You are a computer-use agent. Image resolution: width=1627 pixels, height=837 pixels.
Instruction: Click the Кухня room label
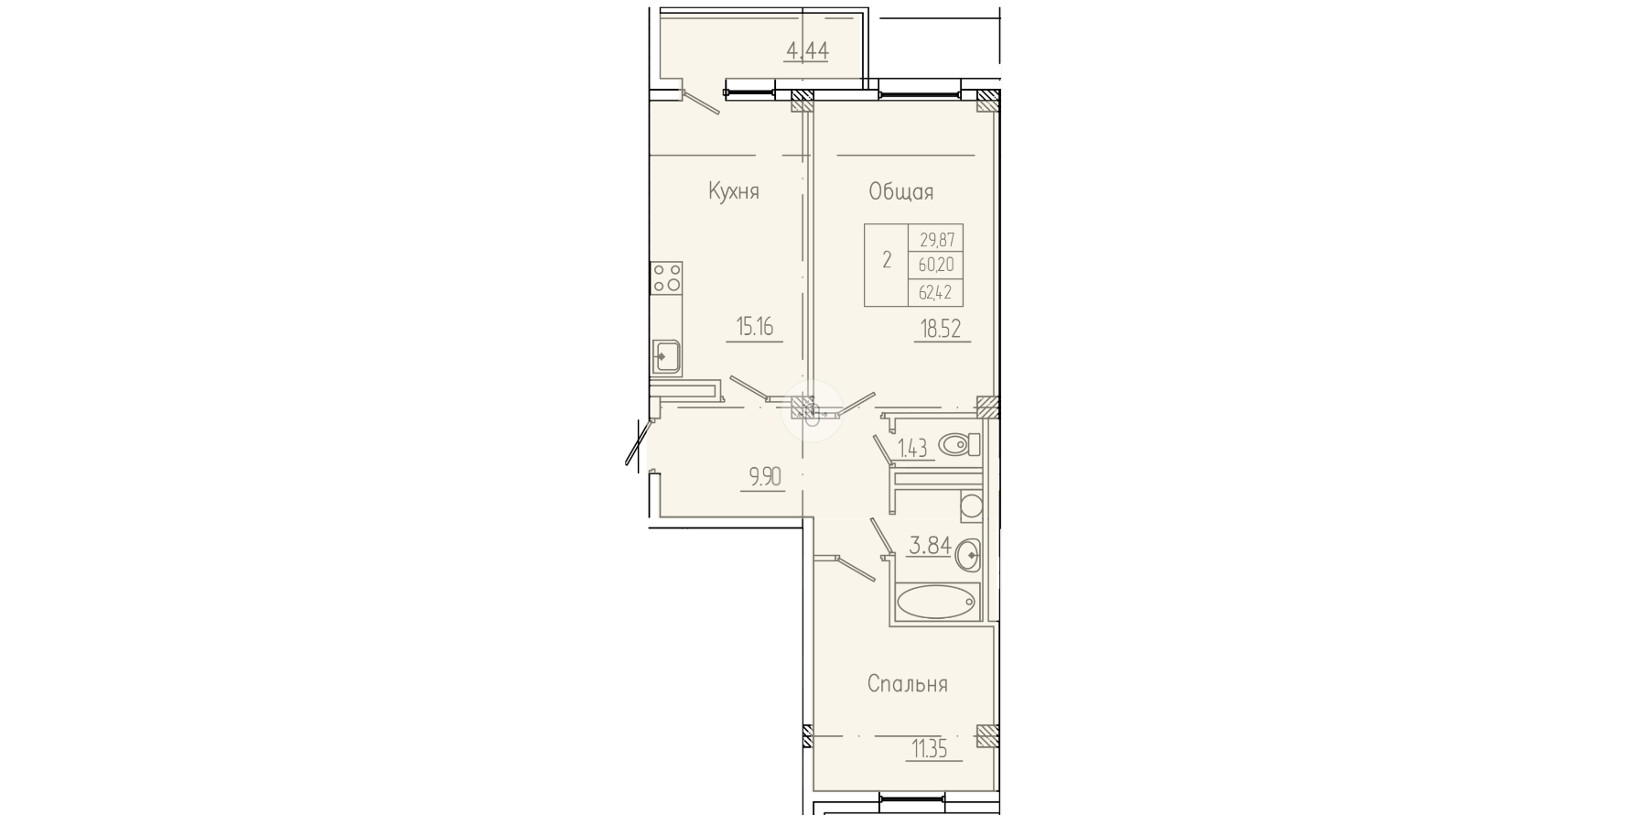click(734, 191)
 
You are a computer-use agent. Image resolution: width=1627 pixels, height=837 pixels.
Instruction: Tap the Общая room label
click(901, 191)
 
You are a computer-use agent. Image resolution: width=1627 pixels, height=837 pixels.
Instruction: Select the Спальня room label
click(907, 684)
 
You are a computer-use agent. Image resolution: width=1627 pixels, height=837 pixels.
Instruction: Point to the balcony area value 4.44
click(807, 50)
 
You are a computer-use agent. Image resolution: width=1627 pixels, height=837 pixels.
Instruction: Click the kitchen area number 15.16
click(755, 327)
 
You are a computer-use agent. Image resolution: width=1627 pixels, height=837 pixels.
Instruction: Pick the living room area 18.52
click(941, 329)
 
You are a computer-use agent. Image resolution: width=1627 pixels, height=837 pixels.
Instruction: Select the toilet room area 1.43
click(912, 448)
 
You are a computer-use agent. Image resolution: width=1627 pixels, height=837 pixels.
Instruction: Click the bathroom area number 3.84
click(929, 546)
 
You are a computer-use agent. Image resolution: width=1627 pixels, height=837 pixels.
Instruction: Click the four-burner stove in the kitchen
click(666, 277)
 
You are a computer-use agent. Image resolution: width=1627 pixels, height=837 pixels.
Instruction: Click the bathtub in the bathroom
click(936, 602)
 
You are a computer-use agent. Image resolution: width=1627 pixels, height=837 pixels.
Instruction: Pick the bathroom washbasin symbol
click(968, 553)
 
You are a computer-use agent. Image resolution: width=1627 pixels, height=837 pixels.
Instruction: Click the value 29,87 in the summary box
click(937, 239)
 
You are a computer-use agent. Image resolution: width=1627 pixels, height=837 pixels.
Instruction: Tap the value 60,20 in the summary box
click(937, 265)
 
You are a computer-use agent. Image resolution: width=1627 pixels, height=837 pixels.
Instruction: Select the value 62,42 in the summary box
click(937, 293)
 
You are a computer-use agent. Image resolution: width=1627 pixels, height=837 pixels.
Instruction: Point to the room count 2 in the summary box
click(887, 260)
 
